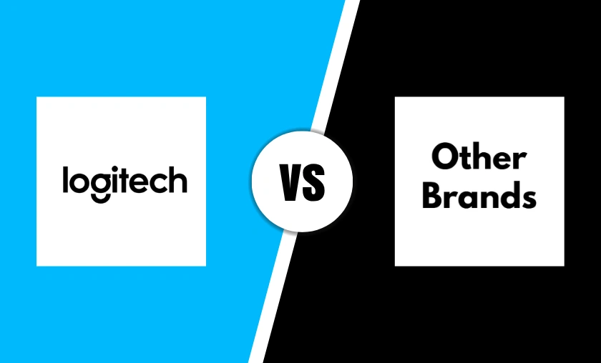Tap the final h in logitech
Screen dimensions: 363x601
click(x=177, y=180)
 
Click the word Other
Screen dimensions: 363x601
click(x=479, y=156)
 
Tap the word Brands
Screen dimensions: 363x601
click(x=479, y=194)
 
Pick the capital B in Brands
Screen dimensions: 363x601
click(x=433, y=194)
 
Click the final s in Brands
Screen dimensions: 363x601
click(x=527, y=198)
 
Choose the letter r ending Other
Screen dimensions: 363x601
click(x=521, y=160)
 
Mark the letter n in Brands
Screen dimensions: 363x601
click(x=487, y=198)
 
